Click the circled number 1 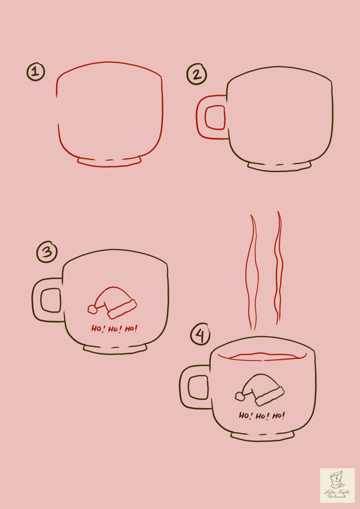pyautogui.click(x=36, y=72)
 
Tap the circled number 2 pyautogui.click(x=197, y=75)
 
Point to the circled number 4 pyautogui.click(x=200, y=335)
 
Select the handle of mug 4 pyautogui.click(x=183, y=387)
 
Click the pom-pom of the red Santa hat pyautogui.click(x=92, y=310)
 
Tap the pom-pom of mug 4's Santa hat pyautogui.click(x=240, y=396)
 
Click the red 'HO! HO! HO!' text pyautogui.click(x=115, y=328)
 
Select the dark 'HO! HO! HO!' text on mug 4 pyautogui.click(x=262, y=415)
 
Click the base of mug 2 pyautogui.click(x=279, y=167)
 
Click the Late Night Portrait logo pyautogui.click(x=337, y=485)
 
